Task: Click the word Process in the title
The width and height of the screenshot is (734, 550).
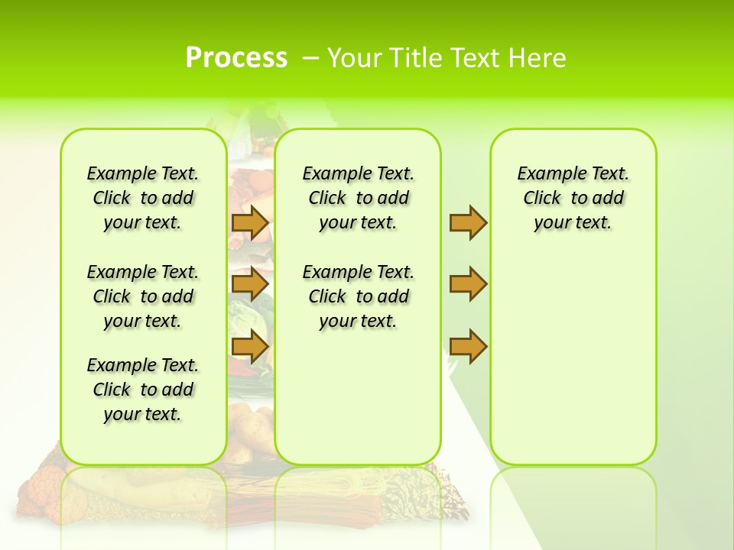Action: [236, 58]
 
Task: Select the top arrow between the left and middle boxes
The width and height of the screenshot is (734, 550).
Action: [250, 222]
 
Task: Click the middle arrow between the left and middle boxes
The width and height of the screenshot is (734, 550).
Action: [250, 285]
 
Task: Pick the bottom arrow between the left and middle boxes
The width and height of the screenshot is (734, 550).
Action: [250, 347]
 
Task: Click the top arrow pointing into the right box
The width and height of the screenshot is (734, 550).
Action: [468, 222]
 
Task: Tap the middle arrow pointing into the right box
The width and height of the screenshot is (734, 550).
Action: [468, 284]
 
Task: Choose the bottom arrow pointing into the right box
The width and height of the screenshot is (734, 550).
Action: [468, 347]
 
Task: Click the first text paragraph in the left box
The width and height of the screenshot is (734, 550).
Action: [143, 199]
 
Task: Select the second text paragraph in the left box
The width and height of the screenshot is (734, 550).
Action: [143, 296]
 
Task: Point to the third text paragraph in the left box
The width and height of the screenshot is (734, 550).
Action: [143, 390]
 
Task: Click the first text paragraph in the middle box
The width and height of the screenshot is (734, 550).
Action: [358, 199]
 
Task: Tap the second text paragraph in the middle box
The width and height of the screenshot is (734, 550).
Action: [358, 296]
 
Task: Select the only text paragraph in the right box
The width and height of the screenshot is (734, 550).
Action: [573, 199]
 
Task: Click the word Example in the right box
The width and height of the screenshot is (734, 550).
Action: [546, 174]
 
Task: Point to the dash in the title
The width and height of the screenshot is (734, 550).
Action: [310, 58]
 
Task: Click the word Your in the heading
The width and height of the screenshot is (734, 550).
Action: [356, 58]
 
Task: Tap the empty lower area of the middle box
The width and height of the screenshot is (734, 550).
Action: [358, 397]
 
